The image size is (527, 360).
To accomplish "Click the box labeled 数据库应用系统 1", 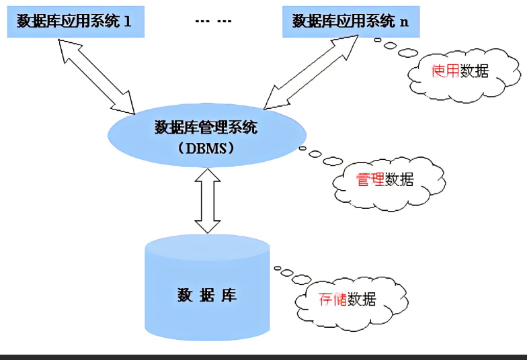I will point(74,21).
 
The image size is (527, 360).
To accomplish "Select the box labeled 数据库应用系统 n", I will point(350,21).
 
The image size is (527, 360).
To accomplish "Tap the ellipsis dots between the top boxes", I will point(213,21).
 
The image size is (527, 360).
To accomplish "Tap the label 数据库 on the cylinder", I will point(207,296).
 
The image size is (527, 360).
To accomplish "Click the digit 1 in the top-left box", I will point(127,21).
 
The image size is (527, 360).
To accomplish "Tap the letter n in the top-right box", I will point(404,21).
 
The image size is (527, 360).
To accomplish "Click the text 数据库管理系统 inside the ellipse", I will point(206,127).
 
